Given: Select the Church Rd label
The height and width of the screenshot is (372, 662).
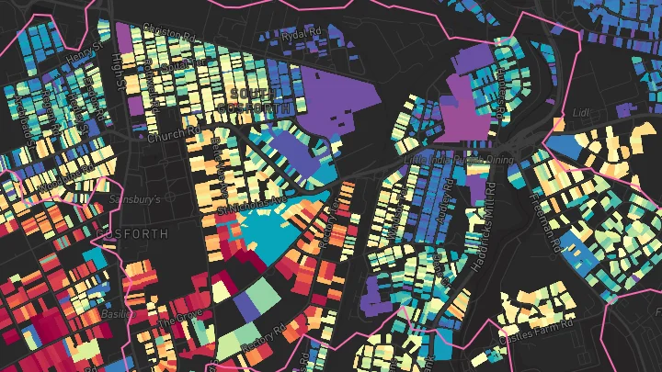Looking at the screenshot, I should pos(173,136).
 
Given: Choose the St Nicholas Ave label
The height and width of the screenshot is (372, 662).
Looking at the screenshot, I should pos(252,205).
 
